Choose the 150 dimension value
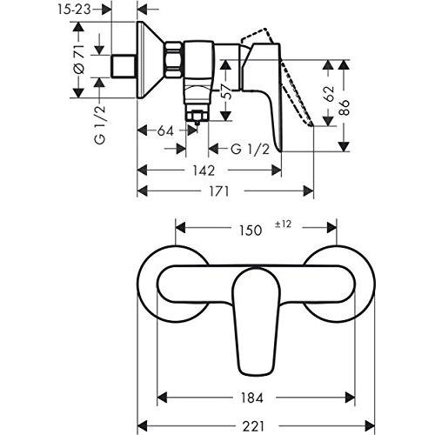click(x=251, y=231)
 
